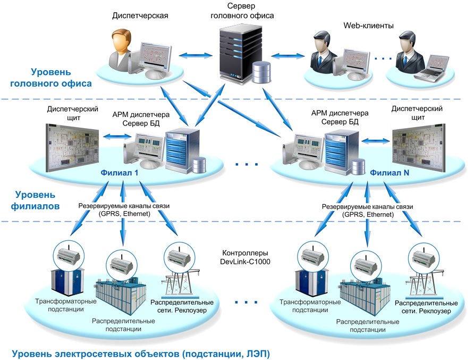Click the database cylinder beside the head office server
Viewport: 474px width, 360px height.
click(261, 72)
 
